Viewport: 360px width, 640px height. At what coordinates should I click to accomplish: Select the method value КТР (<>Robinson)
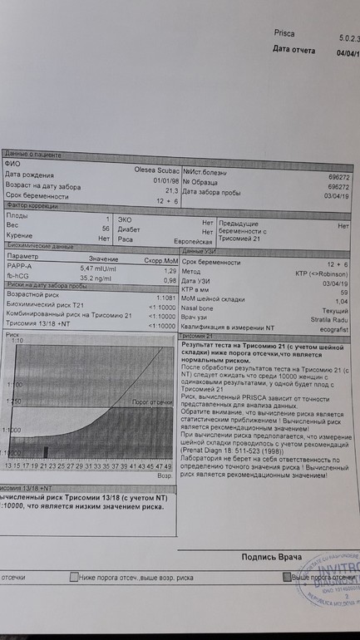click(321, 271)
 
